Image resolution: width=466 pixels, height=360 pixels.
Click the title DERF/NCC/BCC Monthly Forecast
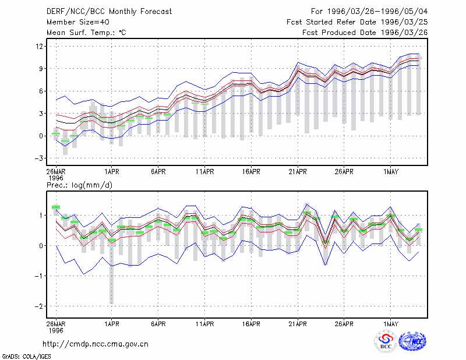tap(109, 12)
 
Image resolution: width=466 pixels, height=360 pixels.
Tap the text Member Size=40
tap(78, 22)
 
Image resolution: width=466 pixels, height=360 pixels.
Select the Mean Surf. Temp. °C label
tap(86, 33)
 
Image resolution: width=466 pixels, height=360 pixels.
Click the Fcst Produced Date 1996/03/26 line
tap(365, 33)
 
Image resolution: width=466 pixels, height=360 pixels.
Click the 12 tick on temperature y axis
tap(39, 47)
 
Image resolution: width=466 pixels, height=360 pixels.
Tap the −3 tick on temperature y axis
tap(39, 158)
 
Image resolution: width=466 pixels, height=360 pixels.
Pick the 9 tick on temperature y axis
tap(41, 69)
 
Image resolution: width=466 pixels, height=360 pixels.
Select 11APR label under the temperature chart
tap(205, 172)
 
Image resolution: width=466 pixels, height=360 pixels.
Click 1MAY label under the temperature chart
tap(391, 172)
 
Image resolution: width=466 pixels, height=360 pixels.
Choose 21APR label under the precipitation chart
tap(298, 324)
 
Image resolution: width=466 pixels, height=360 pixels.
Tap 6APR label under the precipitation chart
tap(158, 324)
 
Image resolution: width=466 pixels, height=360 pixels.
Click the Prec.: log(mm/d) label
tap(79, 185)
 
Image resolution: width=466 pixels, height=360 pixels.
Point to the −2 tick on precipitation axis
tap(39, 306)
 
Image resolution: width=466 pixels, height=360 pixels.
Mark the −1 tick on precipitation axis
tap(39, 276)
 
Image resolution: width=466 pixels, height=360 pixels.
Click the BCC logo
tap(386, 341)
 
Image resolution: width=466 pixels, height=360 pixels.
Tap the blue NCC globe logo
tap(412, 341)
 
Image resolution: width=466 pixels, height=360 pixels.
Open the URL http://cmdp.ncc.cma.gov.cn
tap(96, 344)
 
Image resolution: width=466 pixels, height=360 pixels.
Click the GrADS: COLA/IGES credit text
tap(26, 357)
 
